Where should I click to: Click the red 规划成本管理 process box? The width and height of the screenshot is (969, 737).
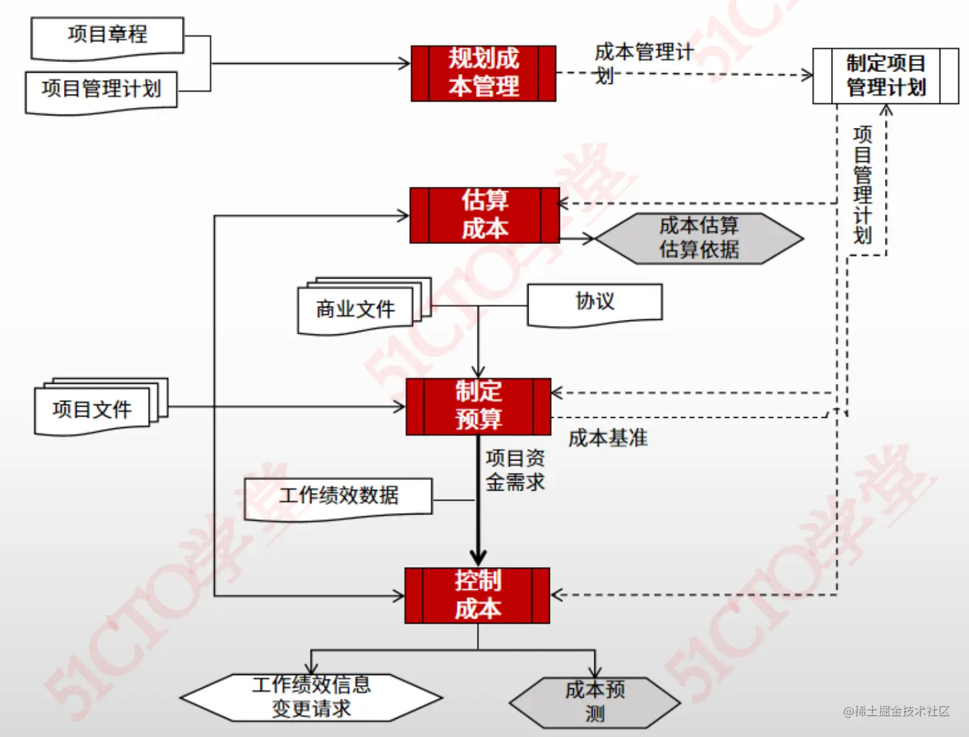click(x=483, y=73)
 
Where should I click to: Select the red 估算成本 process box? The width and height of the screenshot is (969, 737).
click(x=484, y=215)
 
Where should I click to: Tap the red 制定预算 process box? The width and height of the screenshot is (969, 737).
click(x=479, y=406)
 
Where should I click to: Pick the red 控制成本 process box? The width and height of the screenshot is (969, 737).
click(x=477, y=595)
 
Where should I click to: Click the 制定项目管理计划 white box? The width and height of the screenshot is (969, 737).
click(x=886, y=76)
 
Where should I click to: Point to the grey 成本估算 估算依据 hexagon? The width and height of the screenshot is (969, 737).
click(x=698, y=238)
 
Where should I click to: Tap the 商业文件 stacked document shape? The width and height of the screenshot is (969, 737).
click(x=357, y=309)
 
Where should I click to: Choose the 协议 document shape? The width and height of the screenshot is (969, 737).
click(x=594, y=303)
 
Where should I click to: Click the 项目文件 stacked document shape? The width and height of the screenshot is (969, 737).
click(x=93, y=409)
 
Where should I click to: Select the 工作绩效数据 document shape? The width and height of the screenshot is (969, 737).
click(x=339, y=497)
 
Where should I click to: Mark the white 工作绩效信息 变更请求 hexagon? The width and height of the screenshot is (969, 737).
click(x=311, y=697)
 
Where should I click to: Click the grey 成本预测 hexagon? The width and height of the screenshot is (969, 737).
click(x=594, y=702)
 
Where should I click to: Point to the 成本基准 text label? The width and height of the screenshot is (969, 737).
click(x=608, y=438)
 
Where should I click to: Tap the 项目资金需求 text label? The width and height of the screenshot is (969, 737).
click(x=515, y=470)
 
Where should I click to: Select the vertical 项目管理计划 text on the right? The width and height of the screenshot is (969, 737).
click(x=862, y=185)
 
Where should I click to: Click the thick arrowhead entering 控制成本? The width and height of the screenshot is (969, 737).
click(x=478, y=557)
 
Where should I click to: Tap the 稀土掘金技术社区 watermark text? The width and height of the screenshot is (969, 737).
click(x=896, y=712)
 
